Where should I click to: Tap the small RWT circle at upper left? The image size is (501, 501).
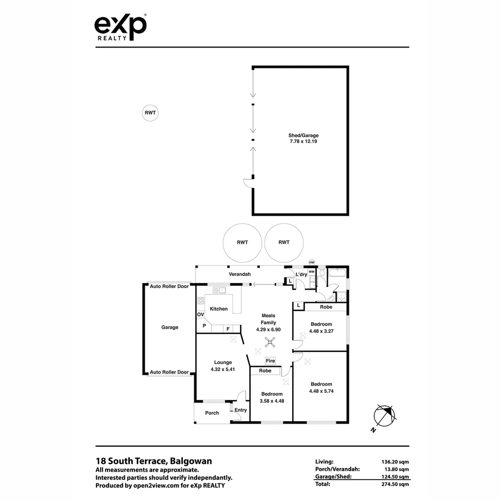coord(150,112)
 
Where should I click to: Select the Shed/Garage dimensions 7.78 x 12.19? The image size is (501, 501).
coord(303,141)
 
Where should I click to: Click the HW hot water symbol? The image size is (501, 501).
coord(312,263)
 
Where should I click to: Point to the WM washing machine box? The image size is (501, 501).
coord(311,271)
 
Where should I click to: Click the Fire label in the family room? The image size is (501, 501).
coord(270,360)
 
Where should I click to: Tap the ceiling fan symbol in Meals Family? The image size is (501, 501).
coord(270,343)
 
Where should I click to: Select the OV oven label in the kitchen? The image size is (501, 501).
coord(200,315)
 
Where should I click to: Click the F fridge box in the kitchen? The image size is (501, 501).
coord(228,328)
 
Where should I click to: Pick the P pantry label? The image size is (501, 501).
coord(204,326)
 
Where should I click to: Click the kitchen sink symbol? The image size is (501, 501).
coord(219,290)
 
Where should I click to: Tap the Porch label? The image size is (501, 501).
coord(212,413)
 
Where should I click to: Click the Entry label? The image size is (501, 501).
coord(240,410)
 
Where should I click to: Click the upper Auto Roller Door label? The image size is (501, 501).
coord(169,286)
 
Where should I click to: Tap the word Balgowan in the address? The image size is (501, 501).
coord(191,461)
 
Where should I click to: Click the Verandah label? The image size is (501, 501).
coord(239,274)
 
